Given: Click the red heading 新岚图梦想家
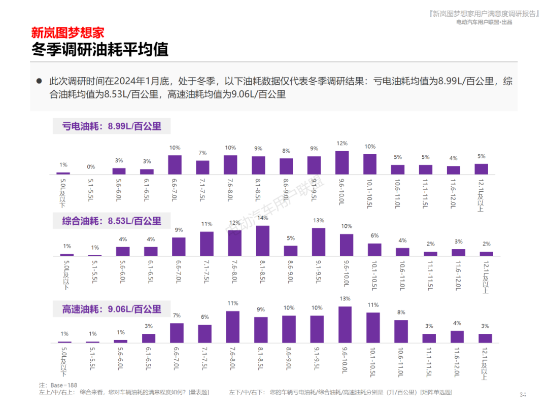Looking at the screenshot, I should (x=67, y=33).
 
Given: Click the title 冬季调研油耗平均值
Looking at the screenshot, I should (x=99, y=50).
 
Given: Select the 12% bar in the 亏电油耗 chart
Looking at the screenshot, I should (x=342, y=163).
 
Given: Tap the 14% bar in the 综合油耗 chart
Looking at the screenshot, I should (x=262, y=241).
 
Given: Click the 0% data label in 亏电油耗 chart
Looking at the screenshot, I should (x=91, y=166).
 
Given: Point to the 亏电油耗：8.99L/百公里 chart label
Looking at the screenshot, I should (x=112, y=126).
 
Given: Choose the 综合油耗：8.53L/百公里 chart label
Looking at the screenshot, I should (x=112, y=221).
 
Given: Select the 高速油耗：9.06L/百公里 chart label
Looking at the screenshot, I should (x=112, y=309).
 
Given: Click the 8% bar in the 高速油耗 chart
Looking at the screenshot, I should (x=401, y=331).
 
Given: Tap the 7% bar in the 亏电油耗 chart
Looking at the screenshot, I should (x=202, y=167).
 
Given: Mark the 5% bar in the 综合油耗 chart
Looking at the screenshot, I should (x=291, y=251).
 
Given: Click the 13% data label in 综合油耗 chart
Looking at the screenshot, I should (x=319, y=220).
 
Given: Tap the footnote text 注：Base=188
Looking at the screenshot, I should (x=58, y=385).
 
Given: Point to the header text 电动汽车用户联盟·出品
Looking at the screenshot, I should (x=484, y=22).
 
